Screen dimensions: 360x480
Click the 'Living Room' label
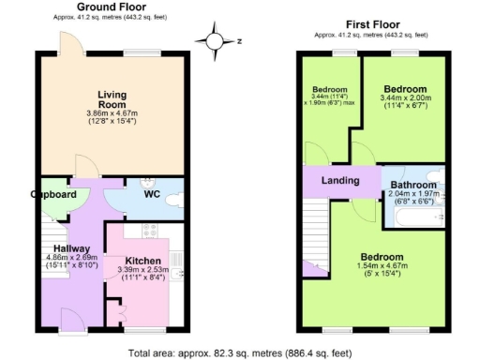coord(112,98)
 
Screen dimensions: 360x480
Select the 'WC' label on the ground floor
coord(151,196)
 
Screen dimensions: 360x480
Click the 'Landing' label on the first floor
coord(340,180)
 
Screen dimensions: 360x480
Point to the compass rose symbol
coord(216,41)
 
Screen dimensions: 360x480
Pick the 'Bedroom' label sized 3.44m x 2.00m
coord(404,90)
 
